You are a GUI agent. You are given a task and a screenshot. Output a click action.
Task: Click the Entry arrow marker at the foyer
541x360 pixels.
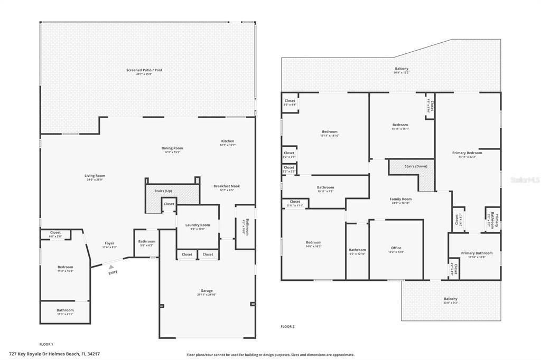pyautogui.click(x=111, y=268)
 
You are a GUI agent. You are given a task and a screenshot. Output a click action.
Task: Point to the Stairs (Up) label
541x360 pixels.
pyautogui.click(x=163, y=191)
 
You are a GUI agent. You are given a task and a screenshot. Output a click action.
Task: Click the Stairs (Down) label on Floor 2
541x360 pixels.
pyautogui.click(x=416, y=166)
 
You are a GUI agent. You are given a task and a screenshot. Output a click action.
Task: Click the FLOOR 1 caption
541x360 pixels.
pyautogui.click(x=46, y=344)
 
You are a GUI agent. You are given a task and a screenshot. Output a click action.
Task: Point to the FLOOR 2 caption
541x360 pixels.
pyautogui.click(x=287, y=326)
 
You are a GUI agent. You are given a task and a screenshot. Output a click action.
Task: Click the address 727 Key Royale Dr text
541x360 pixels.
pyautogui.click(x=54, y=354)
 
